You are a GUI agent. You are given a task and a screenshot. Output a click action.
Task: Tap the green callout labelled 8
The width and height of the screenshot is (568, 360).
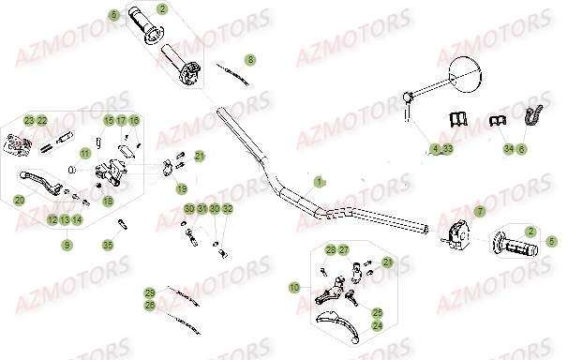[249, 59]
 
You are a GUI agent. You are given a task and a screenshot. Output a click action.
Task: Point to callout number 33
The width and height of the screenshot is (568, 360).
[448, 149]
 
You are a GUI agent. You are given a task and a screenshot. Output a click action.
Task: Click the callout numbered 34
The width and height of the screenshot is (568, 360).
[509, 149]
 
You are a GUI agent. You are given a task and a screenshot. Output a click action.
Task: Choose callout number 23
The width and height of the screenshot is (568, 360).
[29, 120]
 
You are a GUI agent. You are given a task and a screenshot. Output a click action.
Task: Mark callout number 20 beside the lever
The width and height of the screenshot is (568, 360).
[19, 200]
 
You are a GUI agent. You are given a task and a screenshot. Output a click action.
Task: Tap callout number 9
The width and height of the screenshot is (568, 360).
[67, 245]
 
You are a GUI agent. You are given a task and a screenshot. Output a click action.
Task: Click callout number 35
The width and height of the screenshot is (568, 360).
[108, 245]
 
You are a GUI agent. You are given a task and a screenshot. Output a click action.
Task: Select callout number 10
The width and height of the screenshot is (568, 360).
[294, 286]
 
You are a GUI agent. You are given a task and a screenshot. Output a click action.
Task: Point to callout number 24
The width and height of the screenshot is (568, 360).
[377, 326]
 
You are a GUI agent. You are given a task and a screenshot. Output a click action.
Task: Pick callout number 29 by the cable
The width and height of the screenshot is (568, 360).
[149, 292]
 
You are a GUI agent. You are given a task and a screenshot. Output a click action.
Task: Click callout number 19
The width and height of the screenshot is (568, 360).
[182, 188]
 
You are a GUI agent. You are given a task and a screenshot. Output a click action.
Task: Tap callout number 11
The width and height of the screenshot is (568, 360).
[84, 153]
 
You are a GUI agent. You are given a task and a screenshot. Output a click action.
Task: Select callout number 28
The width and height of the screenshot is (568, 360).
[331, 249]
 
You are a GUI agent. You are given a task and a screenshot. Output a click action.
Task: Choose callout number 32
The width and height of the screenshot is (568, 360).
[228, 208]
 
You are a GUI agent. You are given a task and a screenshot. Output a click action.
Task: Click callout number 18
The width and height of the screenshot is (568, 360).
[108, 201]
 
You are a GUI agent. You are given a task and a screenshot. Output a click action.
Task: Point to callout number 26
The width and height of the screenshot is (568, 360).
[149, 305]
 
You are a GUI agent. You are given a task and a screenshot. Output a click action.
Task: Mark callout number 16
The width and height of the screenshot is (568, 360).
[134, 120]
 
